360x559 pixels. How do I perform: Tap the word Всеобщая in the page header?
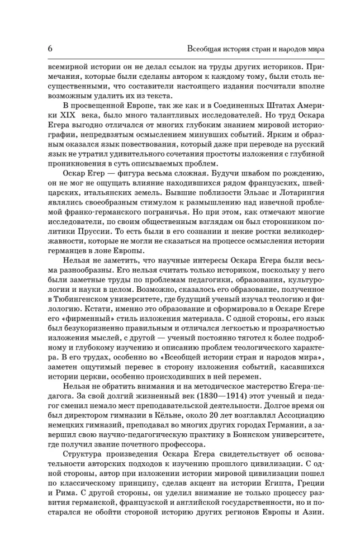click(207, 48)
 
